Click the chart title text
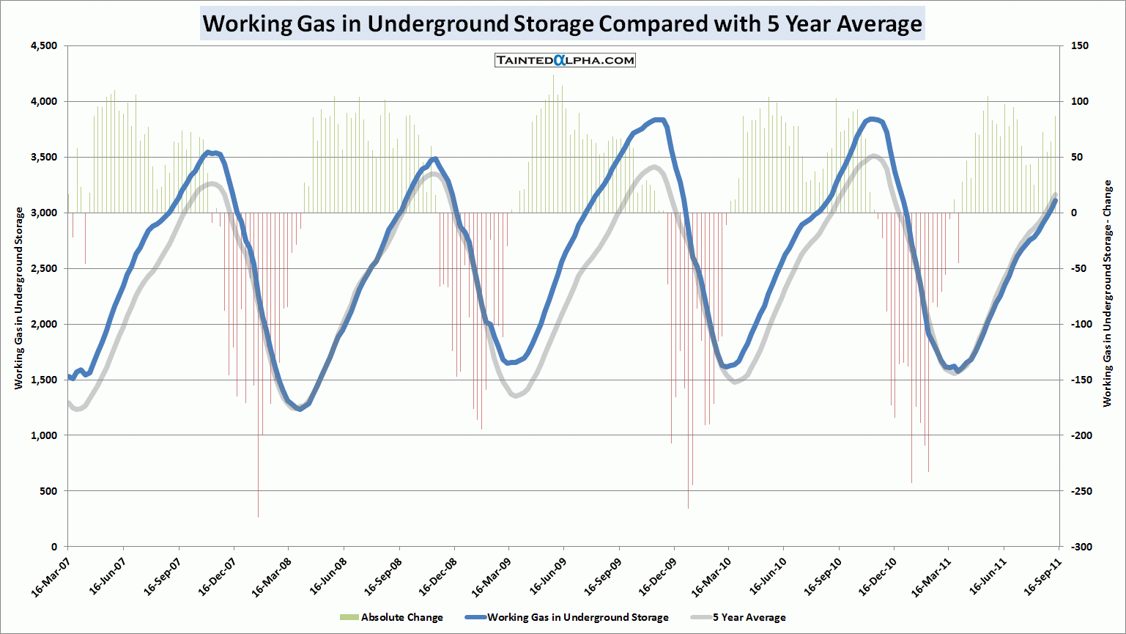tap(562, 23)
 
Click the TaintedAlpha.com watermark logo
tap(565, 60)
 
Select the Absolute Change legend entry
tap(391, 617)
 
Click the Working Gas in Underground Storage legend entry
tap(567, 617)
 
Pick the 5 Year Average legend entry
tap(739, 617)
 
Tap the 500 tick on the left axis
tap(48, 491)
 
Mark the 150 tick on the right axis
tap(1079, 45)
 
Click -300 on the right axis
tap(1081, 547)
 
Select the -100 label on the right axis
tap(1081, 324)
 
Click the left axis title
tap(19, 298)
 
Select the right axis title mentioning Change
tap(1107, 293)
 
